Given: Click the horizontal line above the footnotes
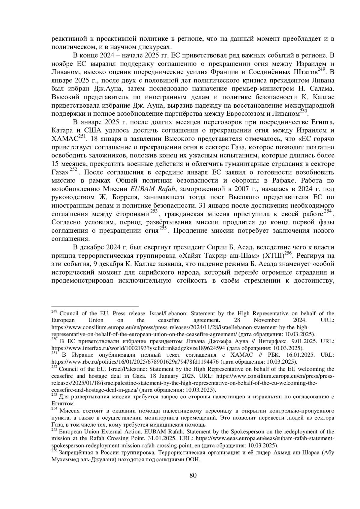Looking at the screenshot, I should tap(95, 306).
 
